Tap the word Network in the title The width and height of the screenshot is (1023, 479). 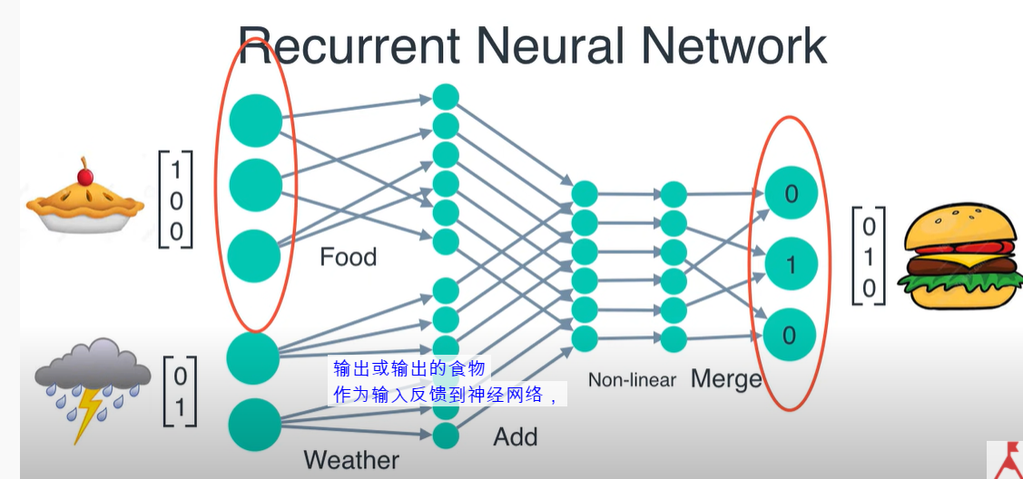(x=722, y=44)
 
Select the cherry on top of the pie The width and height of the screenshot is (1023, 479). (x=85, y=172)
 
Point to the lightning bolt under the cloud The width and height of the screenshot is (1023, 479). (x=87, y=413)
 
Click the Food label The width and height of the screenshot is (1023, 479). (x=348, y=258)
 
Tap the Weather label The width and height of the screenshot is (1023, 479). (x=350, y=460)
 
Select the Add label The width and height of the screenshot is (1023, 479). (x=515, y=436)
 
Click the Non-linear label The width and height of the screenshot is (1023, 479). (x=632, y=380)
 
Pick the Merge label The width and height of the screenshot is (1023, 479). (x=726, y=378)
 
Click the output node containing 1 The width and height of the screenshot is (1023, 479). (x=791, y=264)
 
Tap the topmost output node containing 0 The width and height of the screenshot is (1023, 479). (x=791, y=193)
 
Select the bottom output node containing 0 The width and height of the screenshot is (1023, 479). (x=789, y=336)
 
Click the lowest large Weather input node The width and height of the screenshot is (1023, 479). (x=254, y=425)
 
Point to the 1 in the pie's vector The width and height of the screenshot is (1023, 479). (x=176, y=169)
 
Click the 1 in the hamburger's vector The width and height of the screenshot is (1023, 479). (x=870, y=257)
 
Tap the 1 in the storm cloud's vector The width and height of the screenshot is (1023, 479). (x=180, y=407)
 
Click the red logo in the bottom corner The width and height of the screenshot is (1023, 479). (x=1006, y=460)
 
